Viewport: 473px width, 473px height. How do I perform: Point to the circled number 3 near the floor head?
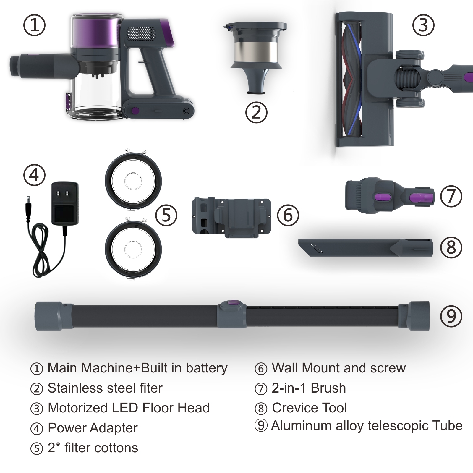point(423,25)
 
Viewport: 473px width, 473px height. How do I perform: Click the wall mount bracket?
point(231,217)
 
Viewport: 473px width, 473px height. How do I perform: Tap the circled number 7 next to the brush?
point(451,196)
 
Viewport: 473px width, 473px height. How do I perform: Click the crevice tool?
point(365,248)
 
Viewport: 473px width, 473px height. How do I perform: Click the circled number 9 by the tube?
point(451,316)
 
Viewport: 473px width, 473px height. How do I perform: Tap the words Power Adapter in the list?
point(93,428)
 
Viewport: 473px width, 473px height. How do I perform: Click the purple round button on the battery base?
point(135,111)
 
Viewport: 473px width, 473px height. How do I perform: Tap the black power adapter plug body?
point(65,203)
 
